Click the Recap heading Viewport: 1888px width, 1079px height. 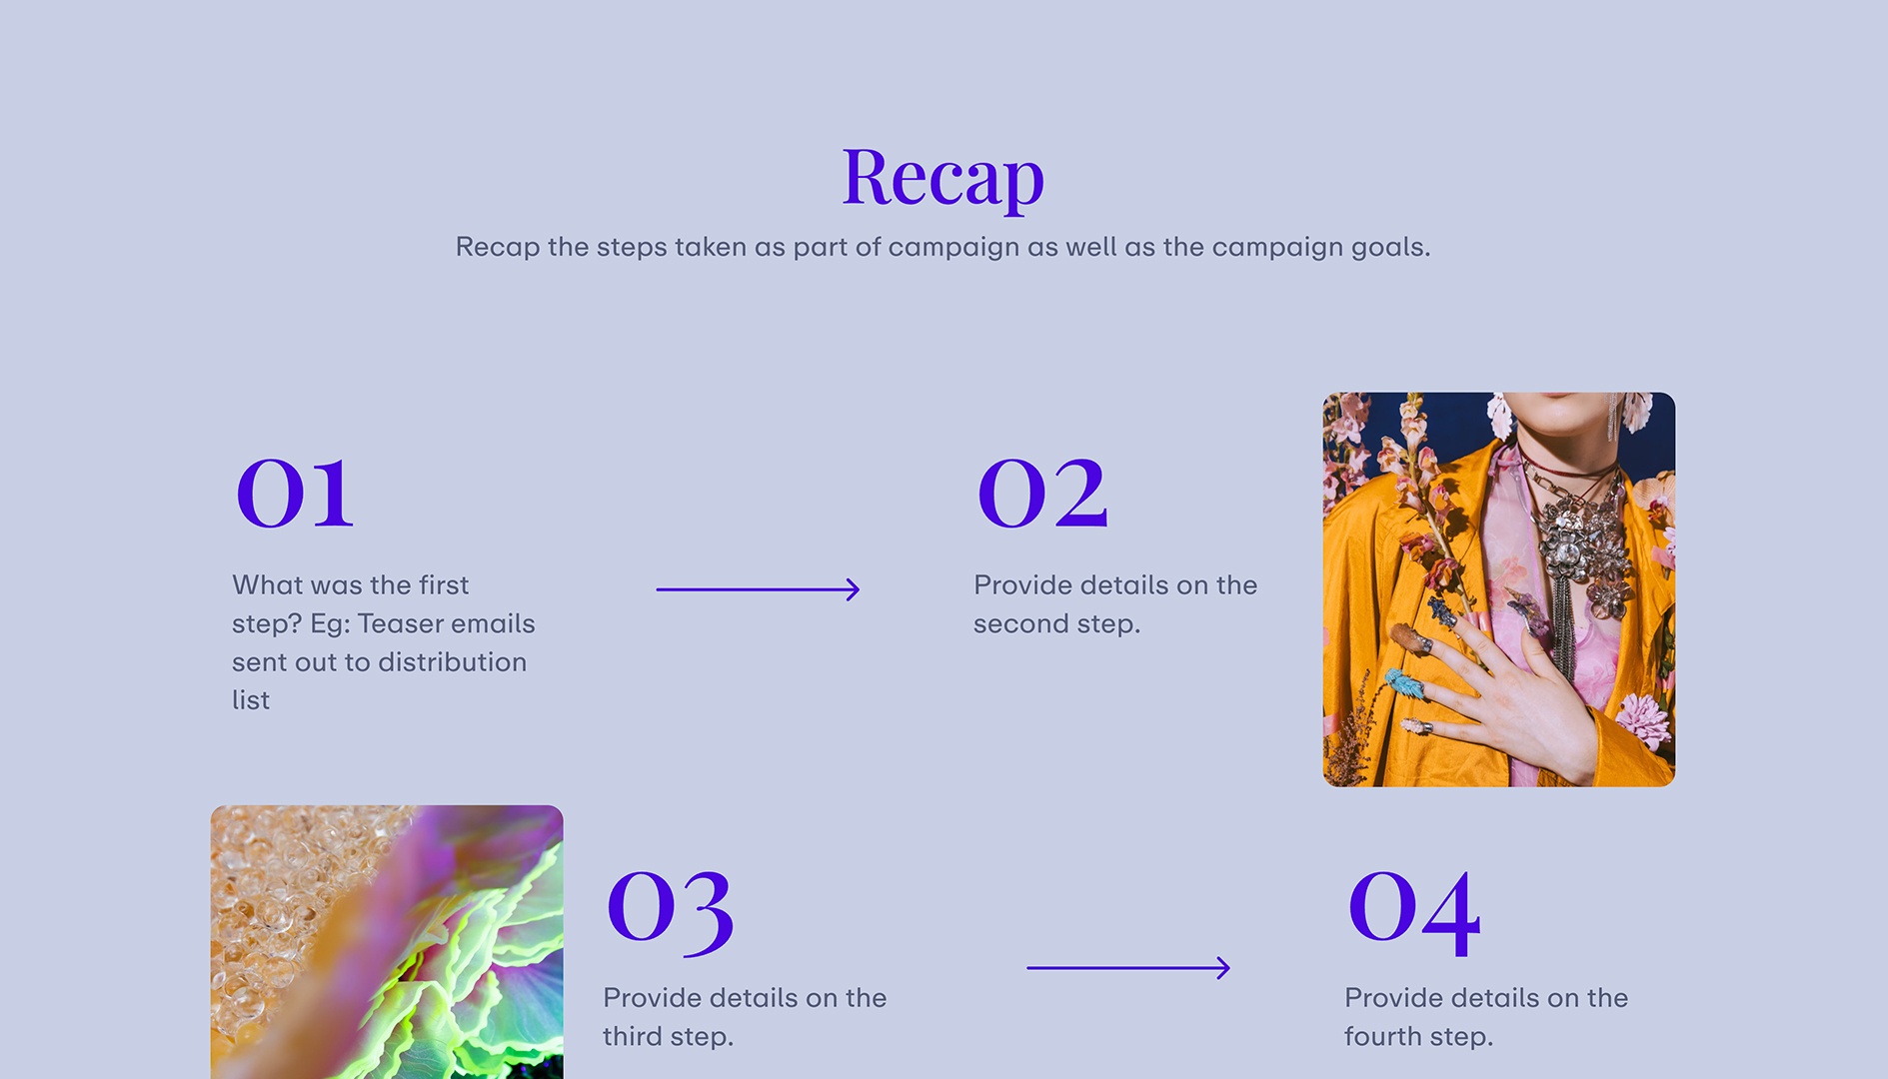pos(943,177)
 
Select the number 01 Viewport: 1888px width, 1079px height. pos(295,494)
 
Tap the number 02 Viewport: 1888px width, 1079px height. pos(1042,494)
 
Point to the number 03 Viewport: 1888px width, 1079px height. pos(671,908)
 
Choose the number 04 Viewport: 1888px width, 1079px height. pos(1414,908)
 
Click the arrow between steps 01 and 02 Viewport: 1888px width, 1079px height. pos(758,589)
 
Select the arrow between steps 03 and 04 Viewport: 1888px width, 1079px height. pos(1128,967)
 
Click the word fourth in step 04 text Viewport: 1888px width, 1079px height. pos(1381,1037)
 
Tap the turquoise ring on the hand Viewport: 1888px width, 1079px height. pos(1405,684)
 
